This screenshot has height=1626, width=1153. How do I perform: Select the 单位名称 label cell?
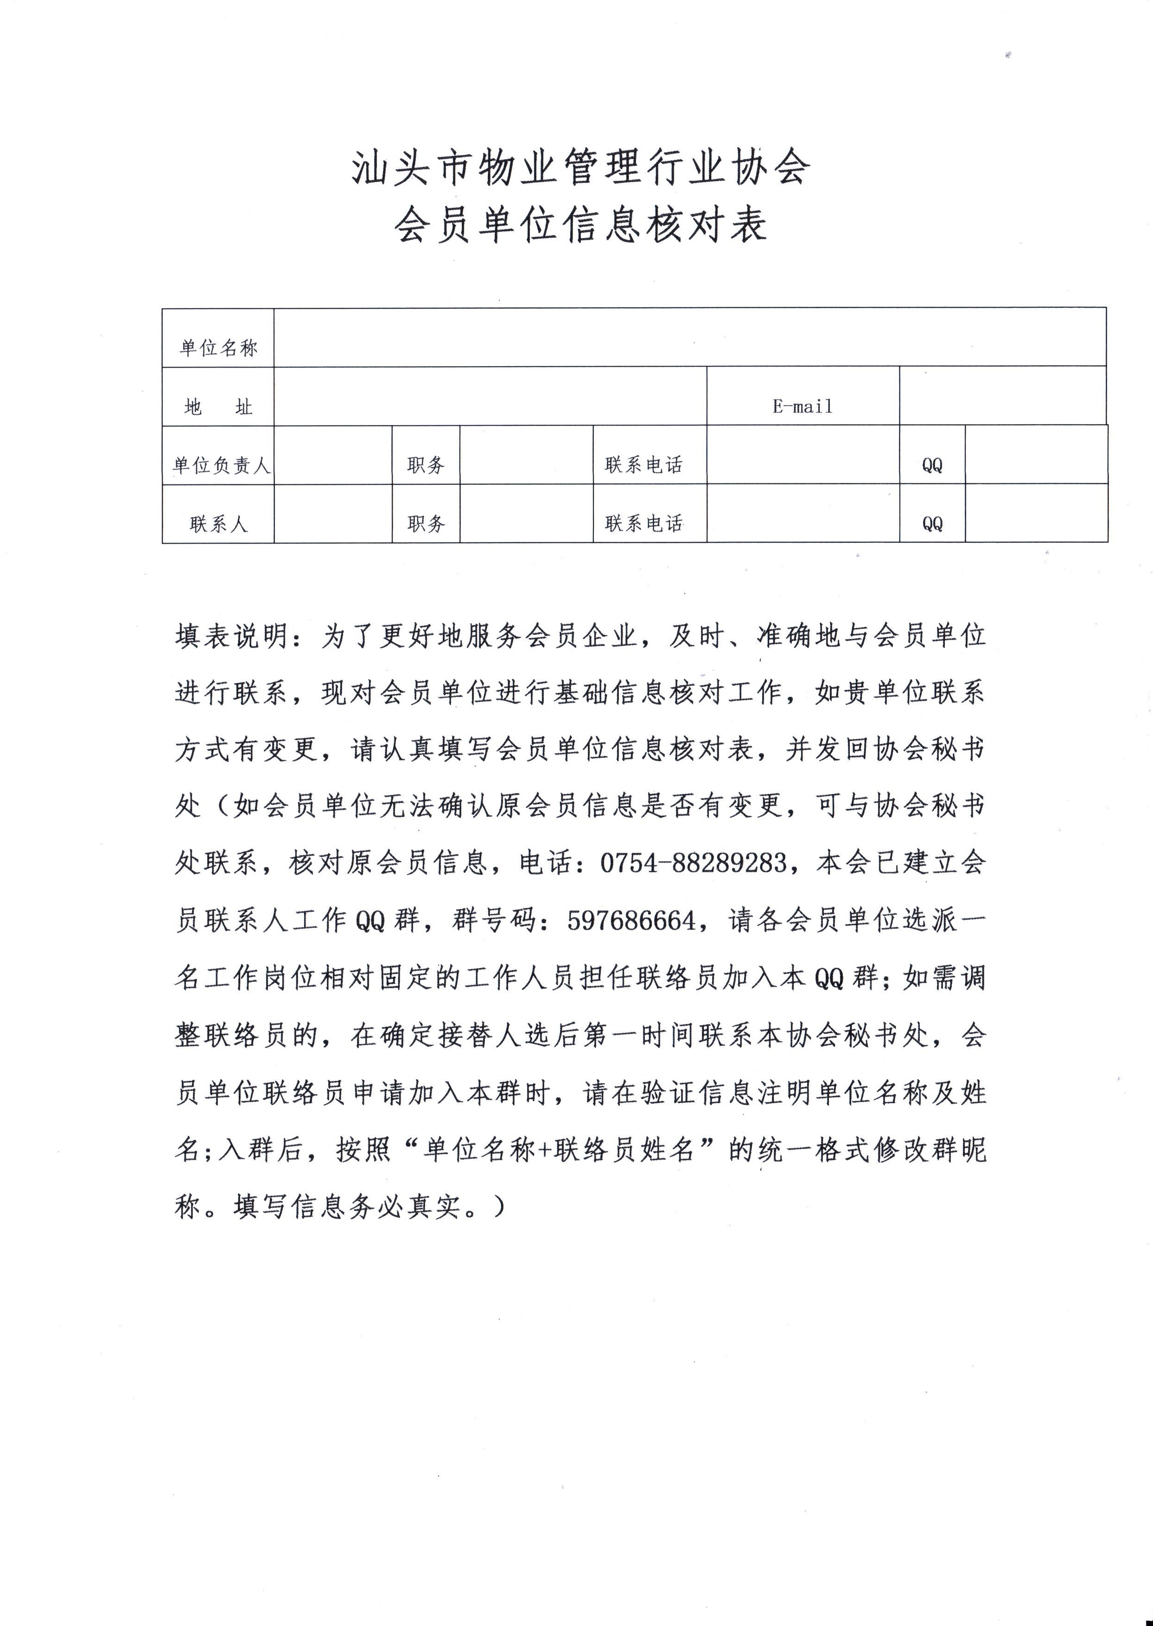[218, 347]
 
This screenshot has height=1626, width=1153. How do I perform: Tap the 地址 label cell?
[218, 406]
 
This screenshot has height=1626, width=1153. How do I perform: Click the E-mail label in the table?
[802, 406]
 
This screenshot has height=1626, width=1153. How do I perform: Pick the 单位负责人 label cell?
[221, 465]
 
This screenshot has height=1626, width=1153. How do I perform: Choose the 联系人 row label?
[218, 524]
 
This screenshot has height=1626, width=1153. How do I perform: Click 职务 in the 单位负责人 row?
[426, 465]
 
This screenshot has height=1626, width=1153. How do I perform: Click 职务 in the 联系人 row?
[426, 524]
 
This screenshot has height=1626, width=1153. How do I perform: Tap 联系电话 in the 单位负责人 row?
[643, 465]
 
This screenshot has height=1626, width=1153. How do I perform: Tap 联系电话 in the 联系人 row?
[643, 524]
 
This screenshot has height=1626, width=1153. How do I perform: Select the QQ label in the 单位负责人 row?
[932, 465]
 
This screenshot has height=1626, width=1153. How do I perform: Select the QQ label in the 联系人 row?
[932, 524]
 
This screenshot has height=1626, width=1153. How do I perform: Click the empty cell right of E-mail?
[1002, 396]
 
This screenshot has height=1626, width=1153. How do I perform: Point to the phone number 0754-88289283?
[693, 863]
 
